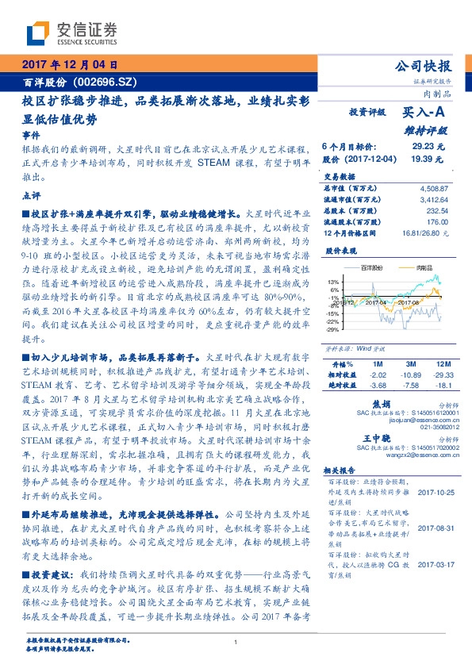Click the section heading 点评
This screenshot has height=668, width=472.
tap(30, 194)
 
